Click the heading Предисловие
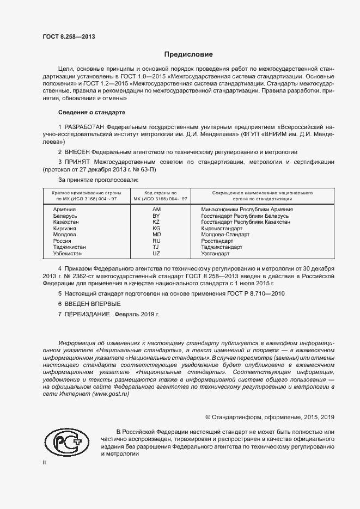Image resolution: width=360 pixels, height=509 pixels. (188, 54)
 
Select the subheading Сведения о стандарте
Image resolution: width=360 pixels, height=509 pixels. (91, 112)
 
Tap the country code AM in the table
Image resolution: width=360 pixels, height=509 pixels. (157, 210)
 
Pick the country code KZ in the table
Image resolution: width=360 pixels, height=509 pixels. (156, 222)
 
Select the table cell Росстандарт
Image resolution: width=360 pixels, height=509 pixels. (221, 241)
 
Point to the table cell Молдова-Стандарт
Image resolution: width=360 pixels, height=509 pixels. (225, 235)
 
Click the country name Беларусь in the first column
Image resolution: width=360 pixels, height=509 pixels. (65, 216)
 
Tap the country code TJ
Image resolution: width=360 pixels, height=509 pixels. (156, 247)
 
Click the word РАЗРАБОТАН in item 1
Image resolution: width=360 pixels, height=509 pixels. (85, 127)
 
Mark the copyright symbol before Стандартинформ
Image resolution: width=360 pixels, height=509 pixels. (208, 417)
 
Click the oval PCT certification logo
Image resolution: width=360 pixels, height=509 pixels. (66, 440)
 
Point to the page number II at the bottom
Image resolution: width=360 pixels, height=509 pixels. (44, 463)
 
